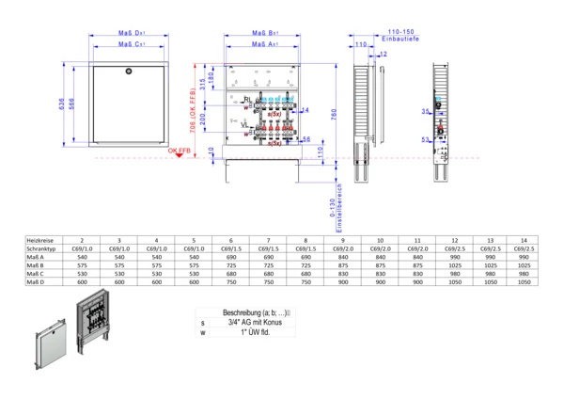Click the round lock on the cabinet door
click(131, 71)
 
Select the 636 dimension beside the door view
click(62, 107)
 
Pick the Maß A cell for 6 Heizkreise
click(231, 256)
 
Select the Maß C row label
click(36, 273)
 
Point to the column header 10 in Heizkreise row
click(379, 241)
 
